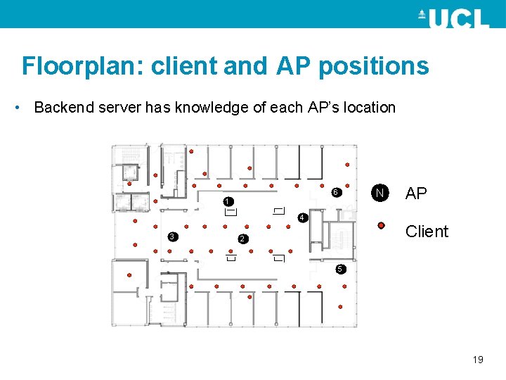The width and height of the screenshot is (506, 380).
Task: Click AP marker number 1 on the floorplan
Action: [x=228, y=202]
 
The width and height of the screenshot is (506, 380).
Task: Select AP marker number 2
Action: [x=241, y=240]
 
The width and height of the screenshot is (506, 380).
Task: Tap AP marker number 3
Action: [x=172, y=236]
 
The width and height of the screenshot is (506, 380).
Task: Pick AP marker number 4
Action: [x=301, y=218]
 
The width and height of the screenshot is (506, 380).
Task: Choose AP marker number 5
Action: [x=339, y=269]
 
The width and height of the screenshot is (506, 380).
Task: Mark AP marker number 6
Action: [x=336, y=192]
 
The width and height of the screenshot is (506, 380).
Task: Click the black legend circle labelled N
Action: [x=379, y=193]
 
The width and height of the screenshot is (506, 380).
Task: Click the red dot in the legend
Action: [x=380, y=225]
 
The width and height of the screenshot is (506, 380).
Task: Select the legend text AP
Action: [x=416, y=194]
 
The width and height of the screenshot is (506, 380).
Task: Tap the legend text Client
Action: [x=427, y=232]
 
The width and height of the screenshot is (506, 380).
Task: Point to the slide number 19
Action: [x=478, y=360]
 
